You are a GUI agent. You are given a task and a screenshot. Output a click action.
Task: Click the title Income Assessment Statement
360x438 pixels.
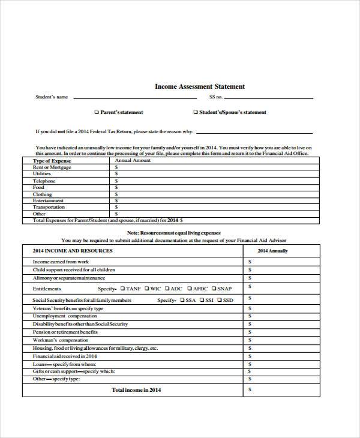point(200,86)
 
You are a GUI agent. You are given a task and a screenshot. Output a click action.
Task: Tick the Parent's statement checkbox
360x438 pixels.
point(97,112)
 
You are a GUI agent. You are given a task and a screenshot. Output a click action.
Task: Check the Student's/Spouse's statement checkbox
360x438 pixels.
point(195,112)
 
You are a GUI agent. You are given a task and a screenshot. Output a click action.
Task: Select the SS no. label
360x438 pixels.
point(216,97)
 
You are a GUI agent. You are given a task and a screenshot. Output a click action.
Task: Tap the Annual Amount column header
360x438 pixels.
point(133,161)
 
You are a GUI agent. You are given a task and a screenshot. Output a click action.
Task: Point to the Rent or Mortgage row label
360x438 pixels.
point(52,167)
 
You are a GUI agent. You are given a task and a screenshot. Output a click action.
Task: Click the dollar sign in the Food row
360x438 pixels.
point(116,187)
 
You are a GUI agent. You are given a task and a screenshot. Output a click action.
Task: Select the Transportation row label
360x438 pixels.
point(49,207)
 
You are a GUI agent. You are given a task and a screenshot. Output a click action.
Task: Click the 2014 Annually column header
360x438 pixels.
point(272,251)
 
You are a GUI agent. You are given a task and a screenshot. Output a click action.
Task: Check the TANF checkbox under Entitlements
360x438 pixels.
point(122,289)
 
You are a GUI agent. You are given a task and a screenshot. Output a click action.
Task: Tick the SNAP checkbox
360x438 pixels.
point(213,289)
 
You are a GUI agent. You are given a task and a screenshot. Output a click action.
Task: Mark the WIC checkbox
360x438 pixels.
point(146,289)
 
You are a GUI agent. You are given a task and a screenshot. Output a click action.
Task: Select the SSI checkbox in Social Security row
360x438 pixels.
point(202,299)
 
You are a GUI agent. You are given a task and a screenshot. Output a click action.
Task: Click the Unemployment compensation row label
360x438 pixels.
point(64,316)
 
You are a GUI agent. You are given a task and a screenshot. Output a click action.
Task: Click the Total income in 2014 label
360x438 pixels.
point(136,389)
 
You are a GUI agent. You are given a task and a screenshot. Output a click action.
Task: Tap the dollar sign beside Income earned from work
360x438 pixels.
point(250,262)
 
